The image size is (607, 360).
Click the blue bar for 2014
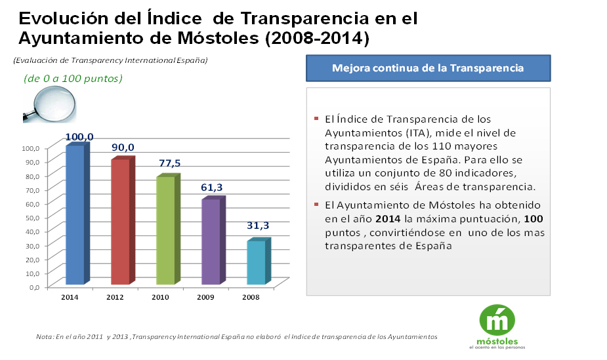[x=75, y=215]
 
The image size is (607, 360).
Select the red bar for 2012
[x=120, y=222]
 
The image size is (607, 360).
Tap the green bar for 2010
[x=165, y=230]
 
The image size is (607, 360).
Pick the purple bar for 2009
[x=211, y=241]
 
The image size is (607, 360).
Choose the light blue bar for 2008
[x=256, y=262]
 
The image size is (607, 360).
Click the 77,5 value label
[x=170, y=163]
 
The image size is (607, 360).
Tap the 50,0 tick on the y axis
[x=33, y=218]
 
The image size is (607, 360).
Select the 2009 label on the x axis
[x=205, y=297]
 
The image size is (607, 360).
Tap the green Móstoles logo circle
[x=497, y=320]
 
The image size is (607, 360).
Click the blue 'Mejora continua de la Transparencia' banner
[x=428, y=68]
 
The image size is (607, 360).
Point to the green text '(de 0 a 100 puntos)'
[x=73, y=78]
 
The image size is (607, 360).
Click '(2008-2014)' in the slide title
[x=317, y=38]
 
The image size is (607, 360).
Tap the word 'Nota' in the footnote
[x=45, y=336]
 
